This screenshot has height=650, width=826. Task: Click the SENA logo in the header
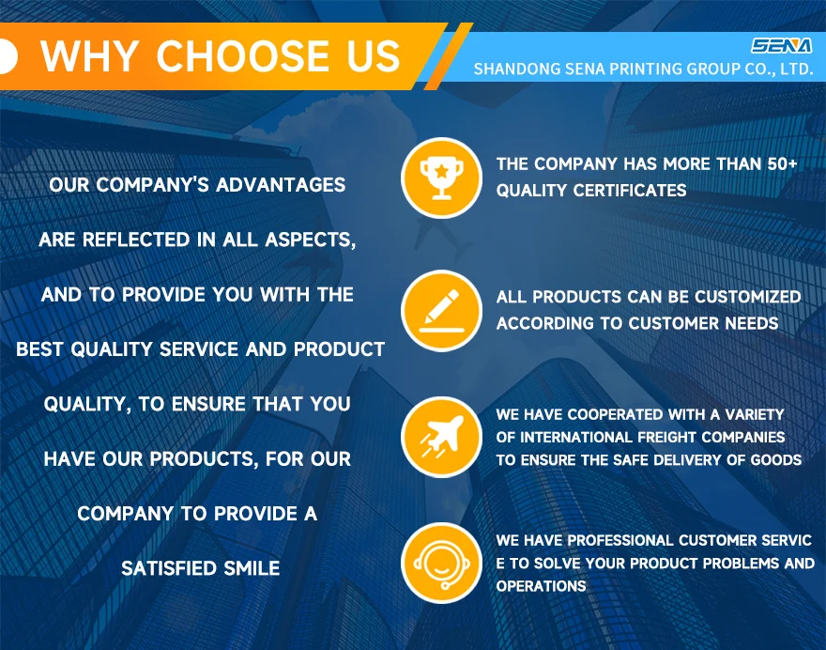point(781,46)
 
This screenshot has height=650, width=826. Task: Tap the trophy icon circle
point(441,178)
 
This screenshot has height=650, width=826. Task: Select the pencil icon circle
point(441,311)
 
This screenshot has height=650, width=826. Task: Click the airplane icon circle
point(441,437)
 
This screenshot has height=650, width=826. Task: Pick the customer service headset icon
point(441,563)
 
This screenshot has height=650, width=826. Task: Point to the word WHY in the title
point(89,55)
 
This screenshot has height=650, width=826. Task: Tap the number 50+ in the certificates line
point(782,164)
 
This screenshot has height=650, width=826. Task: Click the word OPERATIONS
point(541,586)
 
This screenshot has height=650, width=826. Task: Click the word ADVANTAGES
point(281,185)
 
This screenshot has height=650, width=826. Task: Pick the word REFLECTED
point(136,240)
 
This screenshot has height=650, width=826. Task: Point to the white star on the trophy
point(441,170)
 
